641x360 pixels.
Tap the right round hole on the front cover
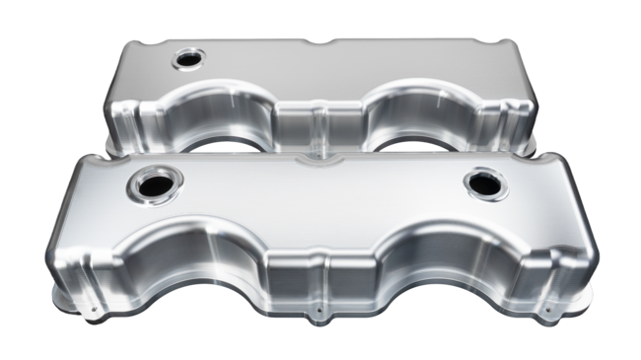pos(486,181)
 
